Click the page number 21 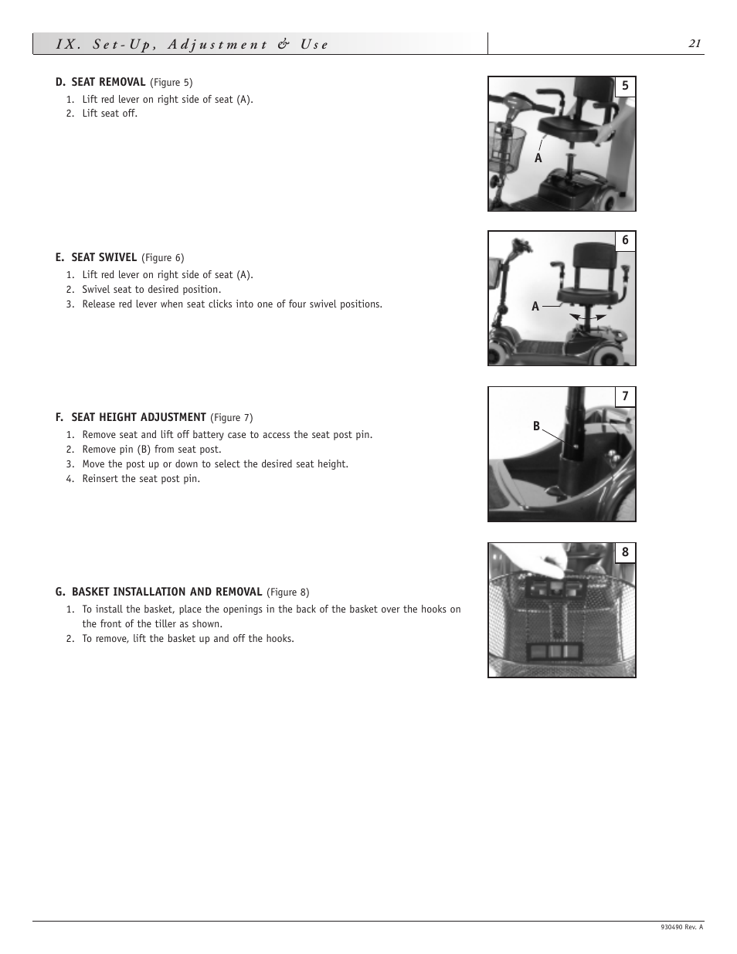695,44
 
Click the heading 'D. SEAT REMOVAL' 100,82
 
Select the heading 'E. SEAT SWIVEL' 96,257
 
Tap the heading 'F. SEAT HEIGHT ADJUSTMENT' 131,417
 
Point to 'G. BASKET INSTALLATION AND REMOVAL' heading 158,592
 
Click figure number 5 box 625,87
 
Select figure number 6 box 625,241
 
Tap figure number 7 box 625,397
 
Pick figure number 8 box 625,552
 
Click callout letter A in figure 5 538,158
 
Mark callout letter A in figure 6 535,307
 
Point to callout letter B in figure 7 536,426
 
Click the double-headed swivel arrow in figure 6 588,317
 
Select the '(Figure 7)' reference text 232,418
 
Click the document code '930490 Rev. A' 682,928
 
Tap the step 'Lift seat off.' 110,114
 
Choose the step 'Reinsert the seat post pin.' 141,479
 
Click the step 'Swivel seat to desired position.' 151,290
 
